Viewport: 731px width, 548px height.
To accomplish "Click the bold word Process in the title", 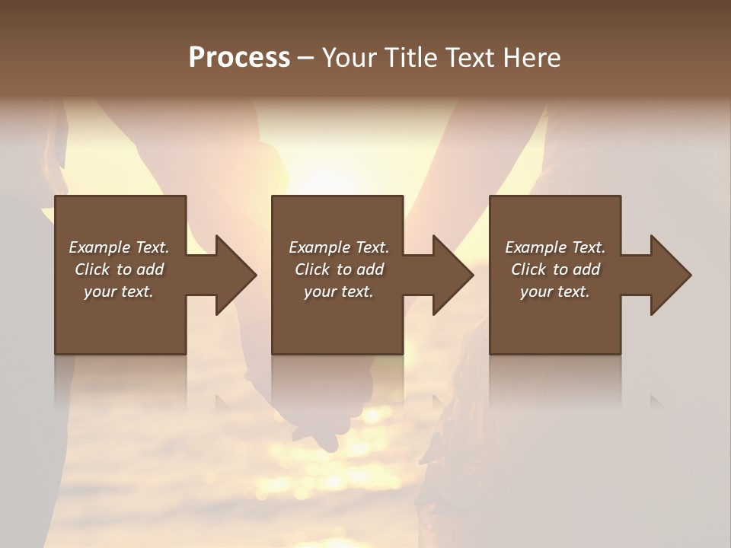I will point(239,58).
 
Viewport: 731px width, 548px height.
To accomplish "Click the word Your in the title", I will point(349,58).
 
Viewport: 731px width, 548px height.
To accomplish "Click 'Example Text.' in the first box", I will point(119,247).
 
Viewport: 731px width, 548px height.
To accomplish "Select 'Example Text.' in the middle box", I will point(339,247).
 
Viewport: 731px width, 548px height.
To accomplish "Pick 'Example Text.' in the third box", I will point(555,247).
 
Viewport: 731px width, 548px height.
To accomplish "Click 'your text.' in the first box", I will point(119,292).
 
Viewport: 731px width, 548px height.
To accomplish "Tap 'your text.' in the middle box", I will point(339,292).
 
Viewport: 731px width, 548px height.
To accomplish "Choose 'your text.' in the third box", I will point(555,292).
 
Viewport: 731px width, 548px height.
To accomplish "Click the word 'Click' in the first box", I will point(93,269).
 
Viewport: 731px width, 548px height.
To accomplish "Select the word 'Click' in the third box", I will point(529,269).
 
